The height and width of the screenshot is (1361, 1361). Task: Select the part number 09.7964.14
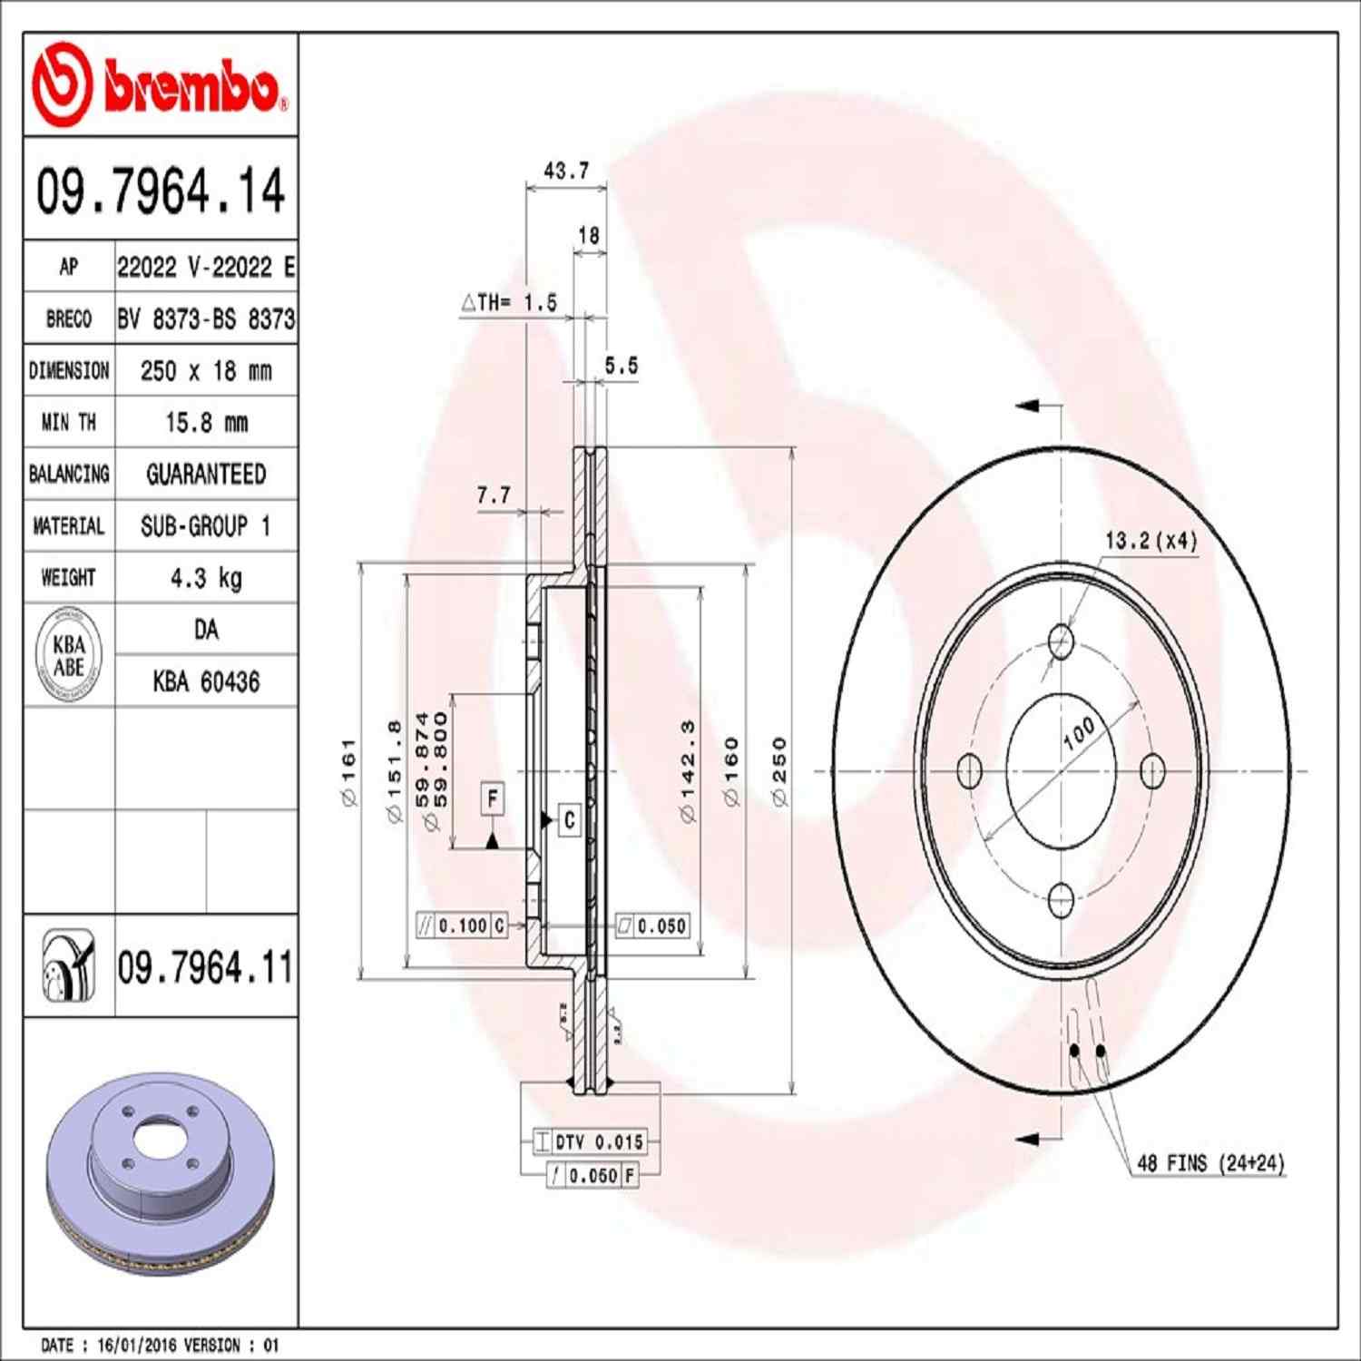point(161,191)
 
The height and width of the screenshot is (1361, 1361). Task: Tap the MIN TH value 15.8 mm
point(206,422)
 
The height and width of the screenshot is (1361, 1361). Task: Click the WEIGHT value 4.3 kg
point(206,578)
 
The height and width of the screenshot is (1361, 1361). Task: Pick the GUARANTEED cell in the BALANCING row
point(206,474)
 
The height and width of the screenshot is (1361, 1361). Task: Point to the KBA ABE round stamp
point(69,655)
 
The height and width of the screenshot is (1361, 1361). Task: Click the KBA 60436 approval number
point(206,681)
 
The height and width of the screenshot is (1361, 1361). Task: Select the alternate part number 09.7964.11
point(205,967)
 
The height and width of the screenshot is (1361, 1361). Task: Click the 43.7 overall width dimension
point(566,171)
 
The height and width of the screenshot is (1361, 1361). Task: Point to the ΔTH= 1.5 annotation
point(509,303)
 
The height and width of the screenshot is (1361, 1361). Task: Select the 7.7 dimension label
point(494,495)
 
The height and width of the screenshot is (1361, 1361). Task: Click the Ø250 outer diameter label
point(779,772)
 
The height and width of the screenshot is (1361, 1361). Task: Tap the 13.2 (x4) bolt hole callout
point(1150,541)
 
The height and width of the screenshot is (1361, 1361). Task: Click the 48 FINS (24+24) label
point(1210,1163)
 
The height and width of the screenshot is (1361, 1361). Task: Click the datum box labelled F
point(492,798)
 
